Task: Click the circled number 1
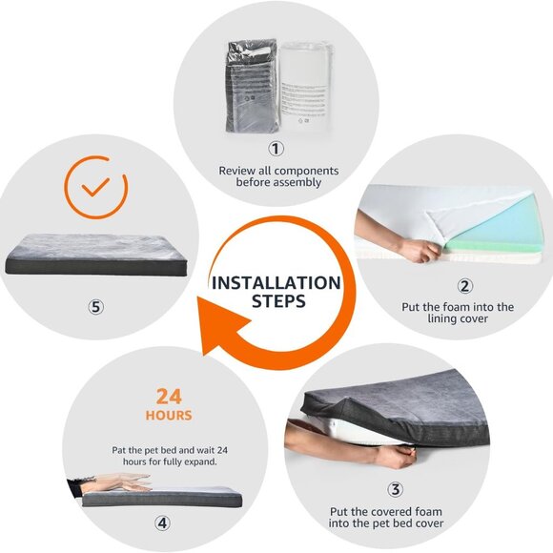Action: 276,149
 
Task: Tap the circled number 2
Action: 465,286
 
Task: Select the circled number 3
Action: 395,489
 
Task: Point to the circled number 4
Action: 162,522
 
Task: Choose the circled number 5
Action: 96,307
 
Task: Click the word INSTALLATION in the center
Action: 276,283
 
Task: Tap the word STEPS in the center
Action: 278,301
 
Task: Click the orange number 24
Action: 169,397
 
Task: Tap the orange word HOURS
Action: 169,416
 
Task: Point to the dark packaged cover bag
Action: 252,86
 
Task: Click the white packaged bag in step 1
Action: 306,87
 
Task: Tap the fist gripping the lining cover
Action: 419,250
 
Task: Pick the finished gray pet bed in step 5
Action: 96,255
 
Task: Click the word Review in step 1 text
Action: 236,171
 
